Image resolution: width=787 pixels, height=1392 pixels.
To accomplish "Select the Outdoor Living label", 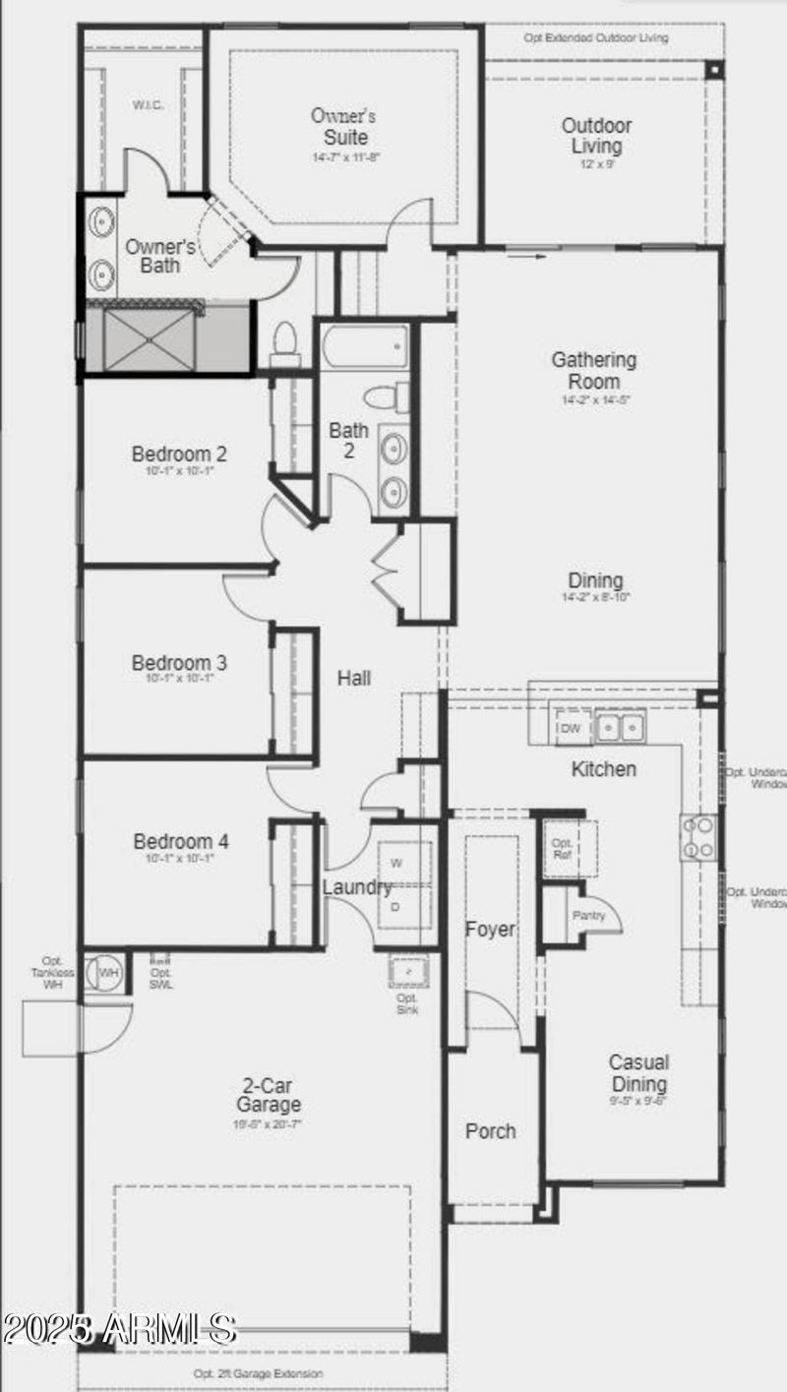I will [596, 136].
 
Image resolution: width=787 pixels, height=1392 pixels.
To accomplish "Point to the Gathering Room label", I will [593, 371].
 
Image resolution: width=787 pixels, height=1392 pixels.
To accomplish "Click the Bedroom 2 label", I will [179, 454].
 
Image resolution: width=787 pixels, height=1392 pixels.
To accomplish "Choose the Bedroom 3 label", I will [179, 663].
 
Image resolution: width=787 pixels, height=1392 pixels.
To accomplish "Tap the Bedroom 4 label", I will [181, 842].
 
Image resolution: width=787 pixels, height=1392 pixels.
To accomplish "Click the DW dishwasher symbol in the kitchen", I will [570, 728].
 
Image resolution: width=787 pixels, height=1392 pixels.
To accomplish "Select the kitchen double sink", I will [620, 728].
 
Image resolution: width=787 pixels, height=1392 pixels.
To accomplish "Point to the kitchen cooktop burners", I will [699, 837].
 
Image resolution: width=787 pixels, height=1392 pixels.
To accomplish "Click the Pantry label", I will [594, 916].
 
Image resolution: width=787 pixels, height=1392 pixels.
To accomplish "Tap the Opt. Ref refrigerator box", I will [563, 849].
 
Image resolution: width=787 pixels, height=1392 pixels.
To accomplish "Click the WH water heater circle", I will [108, 972].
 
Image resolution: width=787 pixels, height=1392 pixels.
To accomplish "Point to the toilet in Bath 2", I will [382, 397].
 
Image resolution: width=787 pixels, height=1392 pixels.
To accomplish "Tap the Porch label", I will [490, 1131].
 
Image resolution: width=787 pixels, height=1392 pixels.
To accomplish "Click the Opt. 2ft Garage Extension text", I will [258, 1373].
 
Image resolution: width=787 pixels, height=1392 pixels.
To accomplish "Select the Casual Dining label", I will [638, 1073].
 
